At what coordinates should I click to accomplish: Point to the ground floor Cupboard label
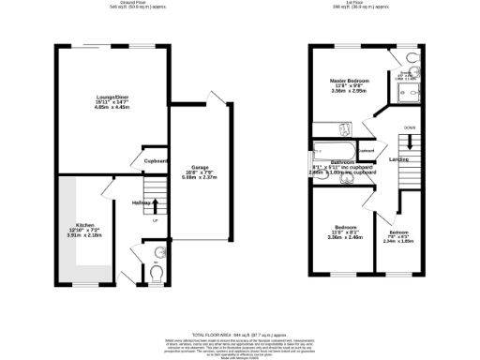click(156, 161)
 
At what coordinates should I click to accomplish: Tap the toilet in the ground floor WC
click(156, 273)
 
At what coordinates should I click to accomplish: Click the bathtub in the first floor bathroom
click(334, 151)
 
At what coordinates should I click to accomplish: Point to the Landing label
click(398, 159)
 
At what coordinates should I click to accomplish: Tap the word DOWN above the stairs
click(410, 127)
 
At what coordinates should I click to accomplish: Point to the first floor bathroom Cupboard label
click(366, 151)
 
